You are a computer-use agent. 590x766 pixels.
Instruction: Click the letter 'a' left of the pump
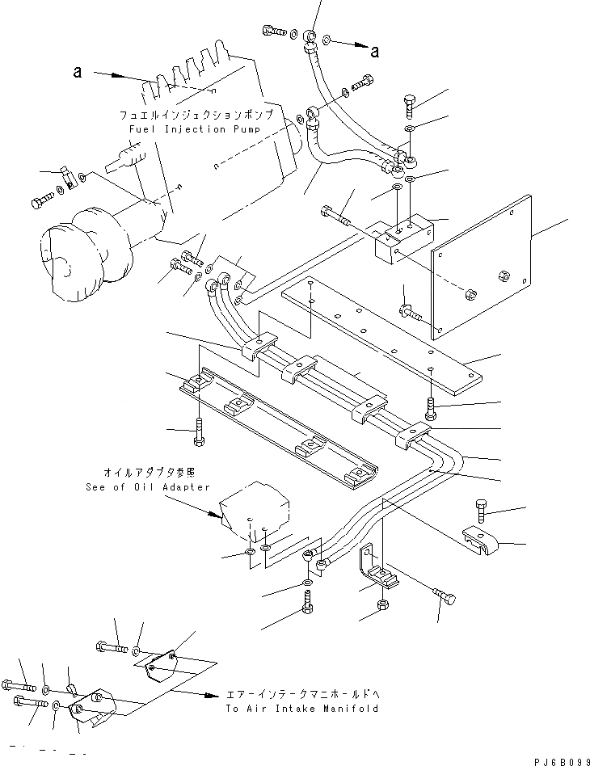[x=78, y=73]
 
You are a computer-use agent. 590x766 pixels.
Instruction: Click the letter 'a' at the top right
[x=375, y=53]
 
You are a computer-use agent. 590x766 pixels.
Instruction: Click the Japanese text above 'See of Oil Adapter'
[x=149, y=472]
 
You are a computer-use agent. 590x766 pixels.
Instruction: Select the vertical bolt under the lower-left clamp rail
[x=199, y=436]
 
